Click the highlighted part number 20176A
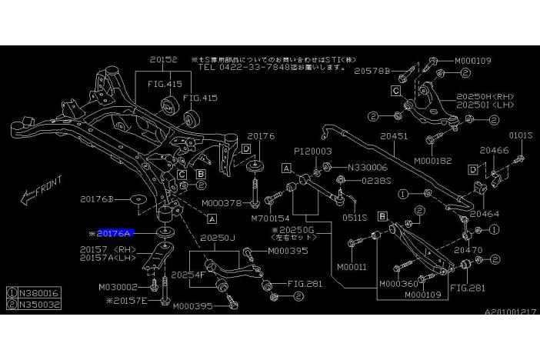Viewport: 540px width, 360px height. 115,232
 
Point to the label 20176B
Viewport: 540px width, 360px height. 97,199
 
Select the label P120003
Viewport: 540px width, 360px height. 312,152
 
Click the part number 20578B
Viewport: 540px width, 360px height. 372,71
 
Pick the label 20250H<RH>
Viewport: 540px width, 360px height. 485,97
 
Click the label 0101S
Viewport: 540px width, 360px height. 520,135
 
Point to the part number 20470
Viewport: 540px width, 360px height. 468,250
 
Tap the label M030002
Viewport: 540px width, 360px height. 118,287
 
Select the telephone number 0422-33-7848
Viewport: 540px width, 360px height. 233,66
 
